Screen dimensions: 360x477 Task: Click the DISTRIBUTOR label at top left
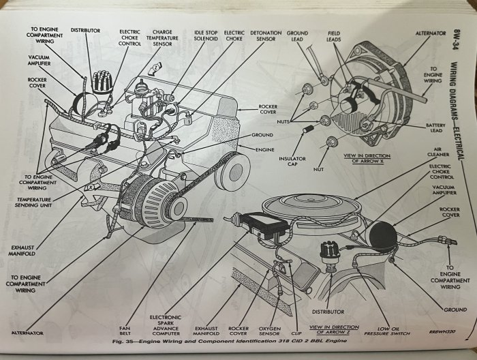(85, 31)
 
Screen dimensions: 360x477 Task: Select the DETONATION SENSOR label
(266, 35)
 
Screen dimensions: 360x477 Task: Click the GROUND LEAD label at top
(297, 35)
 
